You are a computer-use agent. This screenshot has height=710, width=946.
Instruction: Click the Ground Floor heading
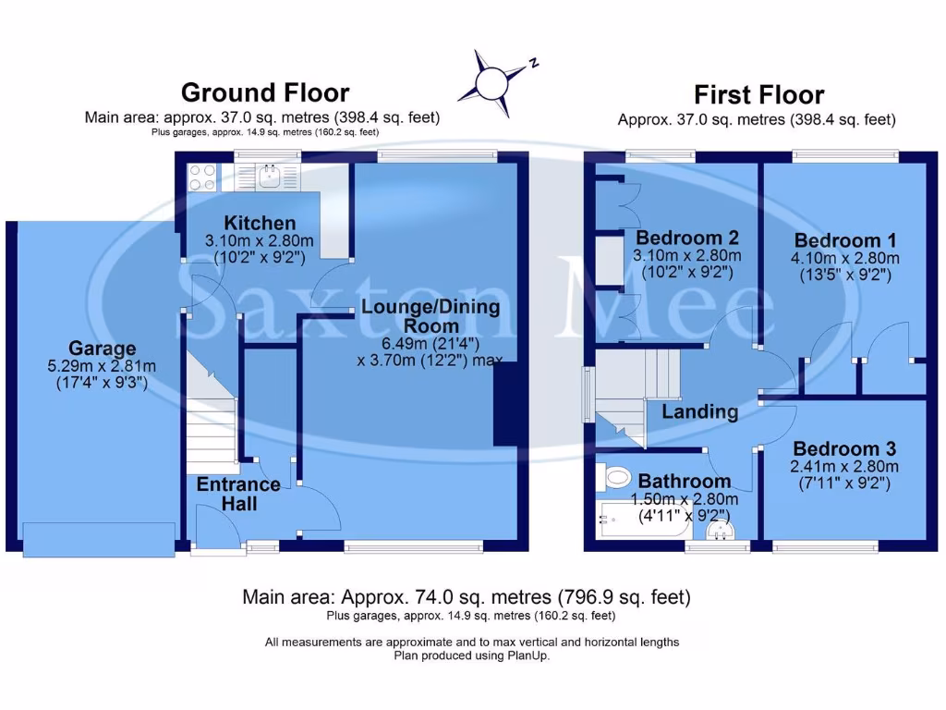(265, 92)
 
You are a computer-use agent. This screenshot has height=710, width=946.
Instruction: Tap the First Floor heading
(758, 94)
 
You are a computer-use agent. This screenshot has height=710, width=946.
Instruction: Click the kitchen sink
(270, 176)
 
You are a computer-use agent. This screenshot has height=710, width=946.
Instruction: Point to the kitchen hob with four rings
(201, 176)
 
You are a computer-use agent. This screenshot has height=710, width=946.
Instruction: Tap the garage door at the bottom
(99, 539)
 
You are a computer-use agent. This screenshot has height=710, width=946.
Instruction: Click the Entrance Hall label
(237, 494)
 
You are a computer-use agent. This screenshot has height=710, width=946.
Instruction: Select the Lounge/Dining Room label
(431, 315)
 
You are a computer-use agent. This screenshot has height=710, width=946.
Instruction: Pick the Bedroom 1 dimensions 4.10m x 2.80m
(844, 258)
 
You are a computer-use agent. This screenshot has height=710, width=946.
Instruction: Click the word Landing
(699, 411)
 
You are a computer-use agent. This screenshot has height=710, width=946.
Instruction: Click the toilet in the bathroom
(615, 478)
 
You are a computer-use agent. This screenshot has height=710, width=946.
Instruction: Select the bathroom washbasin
(719, 532)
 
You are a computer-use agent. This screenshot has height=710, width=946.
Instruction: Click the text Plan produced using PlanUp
(472, 656)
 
